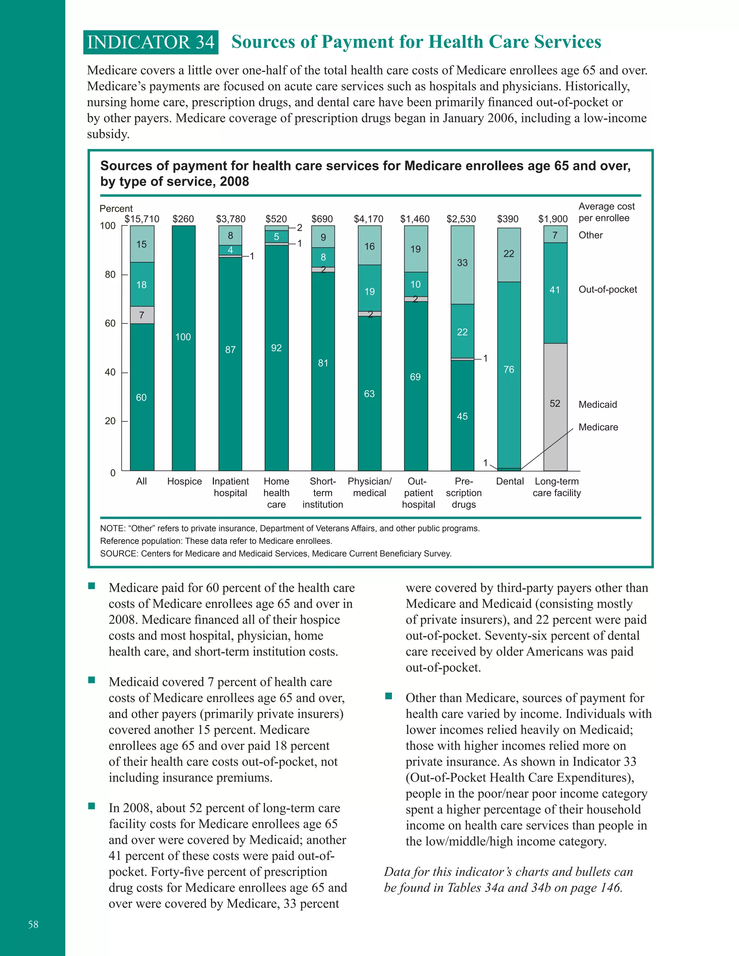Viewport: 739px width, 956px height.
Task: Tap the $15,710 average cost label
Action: [x=142, y=219]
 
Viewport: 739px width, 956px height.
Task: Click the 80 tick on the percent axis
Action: [x=110, y=275]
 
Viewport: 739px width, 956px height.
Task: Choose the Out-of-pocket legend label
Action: [x=608, y=289]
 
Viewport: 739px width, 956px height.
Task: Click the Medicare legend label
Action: [x=598, y=427]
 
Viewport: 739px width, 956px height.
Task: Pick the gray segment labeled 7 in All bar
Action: [x=142, y=315]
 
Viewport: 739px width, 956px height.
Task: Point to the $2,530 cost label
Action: [x=461, y=219]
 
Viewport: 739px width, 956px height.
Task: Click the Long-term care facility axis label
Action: [x=556, y=487]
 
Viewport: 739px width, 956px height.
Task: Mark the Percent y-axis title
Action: [x=116, y=209]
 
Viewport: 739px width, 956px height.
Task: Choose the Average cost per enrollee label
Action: [x=606, y=212]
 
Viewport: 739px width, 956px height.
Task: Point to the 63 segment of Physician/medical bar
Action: [x=369, y=394]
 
